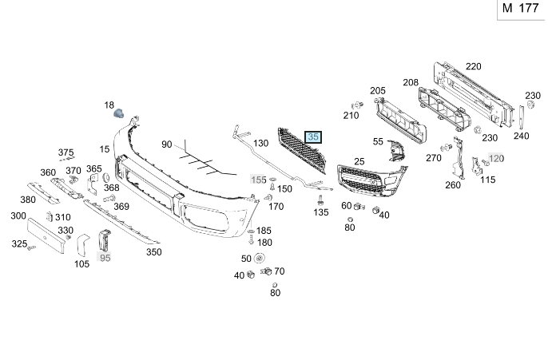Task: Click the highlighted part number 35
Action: pos(314,137)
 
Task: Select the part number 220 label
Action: pos(474,66)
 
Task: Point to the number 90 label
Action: pos(166,144)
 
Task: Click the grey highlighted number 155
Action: pos(259,180)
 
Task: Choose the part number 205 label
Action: pos(378,91)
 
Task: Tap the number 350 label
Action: pos(153,252)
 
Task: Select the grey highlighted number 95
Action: pos(105,257)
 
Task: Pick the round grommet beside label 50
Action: pos(260,259)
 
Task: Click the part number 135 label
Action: pos(321,212)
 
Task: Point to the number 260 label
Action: pos(453,185)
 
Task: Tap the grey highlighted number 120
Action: pos(497,158)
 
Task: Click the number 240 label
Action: pos(522,136)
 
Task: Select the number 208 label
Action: pos(411,82)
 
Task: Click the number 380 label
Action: pos(28,200)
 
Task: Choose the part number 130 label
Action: pos(261,144)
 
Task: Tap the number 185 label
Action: pos(264,231)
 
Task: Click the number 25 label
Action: pos(359,162)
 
